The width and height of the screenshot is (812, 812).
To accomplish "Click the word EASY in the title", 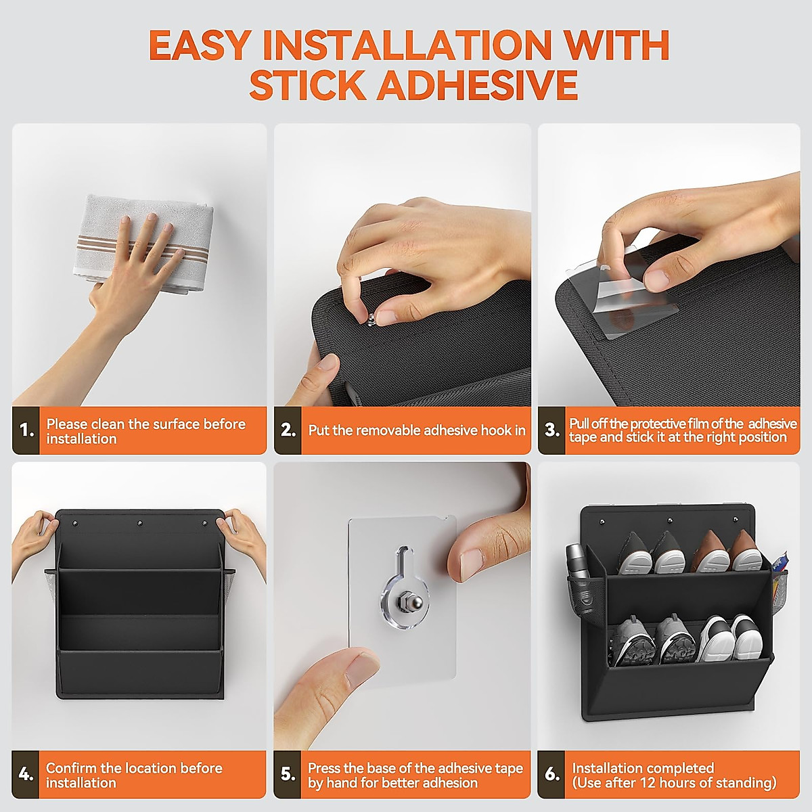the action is pos(198,45).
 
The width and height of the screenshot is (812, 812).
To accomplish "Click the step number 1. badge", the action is pos(26,430).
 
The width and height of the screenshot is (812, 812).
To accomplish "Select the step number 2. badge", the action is pos(288,430).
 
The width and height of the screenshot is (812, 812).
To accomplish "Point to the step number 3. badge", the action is pos(551,430).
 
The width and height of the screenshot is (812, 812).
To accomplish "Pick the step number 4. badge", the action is pos(26,774).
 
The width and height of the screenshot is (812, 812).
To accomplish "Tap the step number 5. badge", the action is pos(288,774).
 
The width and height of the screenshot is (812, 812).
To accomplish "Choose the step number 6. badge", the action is pos(551,774).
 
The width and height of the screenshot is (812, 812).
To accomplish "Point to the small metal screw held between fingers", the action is pos(371,319).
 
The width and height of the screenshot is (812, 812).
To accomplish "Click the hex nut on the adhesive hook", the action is pos(401,596).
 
